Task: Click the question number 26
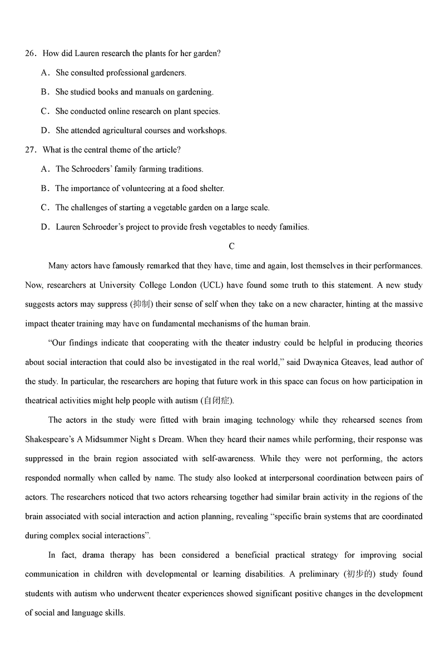point(30,53)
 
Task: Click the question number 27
point(30,149)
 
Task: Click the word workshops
point(207,131)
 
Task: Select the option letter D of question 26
point(45,131)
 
